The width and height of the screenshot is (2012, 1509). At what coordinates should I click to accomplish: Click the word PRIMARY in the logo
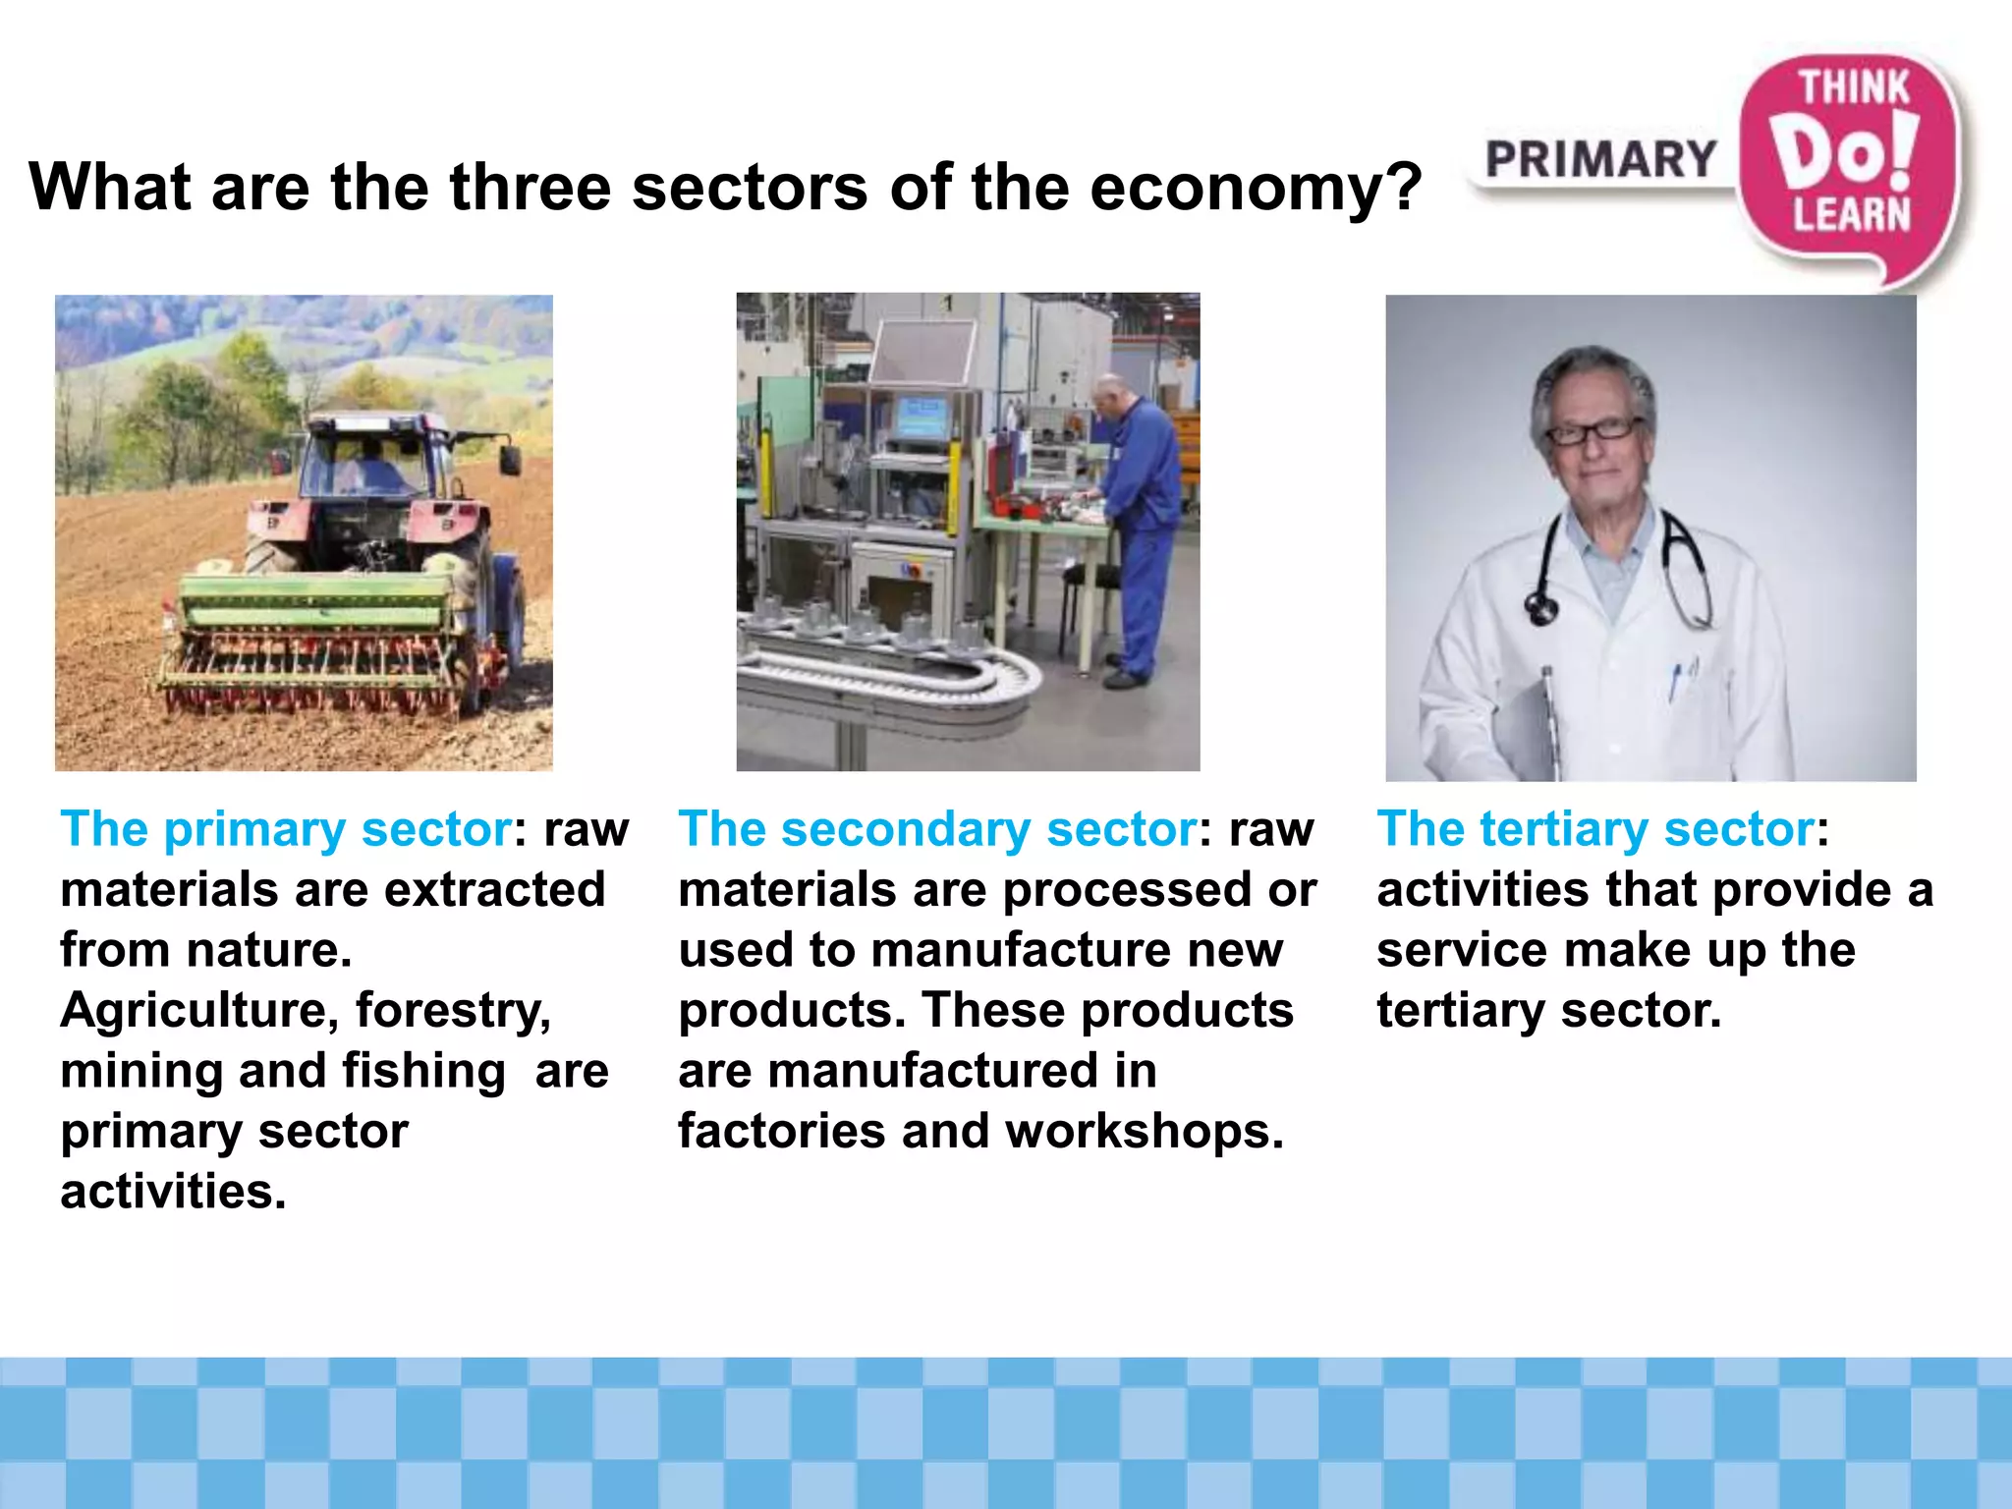(x=1600, y=160)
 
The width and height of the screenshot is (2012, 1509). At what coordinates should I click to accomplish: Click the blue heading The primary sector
(x=286, y=829)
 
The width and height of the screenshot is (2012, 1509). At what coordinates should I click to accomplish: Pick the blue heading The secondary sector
(x=937, y=829)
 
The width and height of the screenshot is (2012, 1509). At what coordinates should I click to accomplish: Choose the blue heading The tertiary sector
(x=1595, y=829)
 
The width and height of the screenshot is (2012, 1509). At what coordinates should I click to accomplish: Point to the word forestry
(x=453, y=1011)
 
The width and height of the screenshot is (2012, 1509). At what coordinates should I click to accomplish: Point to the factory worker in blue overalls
(x=1140, y=511)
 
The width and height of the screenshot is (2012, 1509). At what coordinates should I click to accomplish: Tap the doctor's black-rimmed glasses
(x=1592, y=430)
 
